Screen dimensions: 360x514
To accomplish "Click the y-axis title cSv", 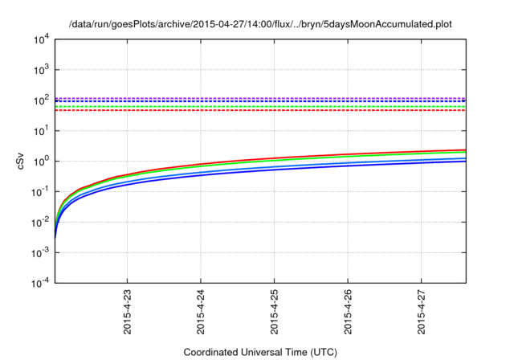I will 22,161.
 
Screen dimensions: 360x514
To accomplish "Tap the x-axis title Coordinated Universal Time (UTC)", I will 260,352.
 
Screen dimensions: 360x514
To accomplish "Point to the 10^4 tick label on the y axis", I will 41,39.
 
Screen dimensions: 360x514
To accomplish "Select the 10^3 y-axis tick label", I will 41,69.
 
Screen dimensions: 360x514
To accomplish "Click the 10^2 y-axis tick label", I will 41,100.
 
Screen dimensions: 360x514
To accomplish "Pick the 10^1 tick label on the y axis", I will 41,130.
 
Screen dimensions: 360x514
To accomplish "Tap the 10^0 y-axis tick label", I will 41,161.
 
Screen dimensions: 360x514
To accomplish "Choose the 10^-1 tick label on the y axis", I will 40,191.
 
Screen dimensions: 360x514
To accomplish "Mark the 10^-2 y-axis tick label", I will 40,222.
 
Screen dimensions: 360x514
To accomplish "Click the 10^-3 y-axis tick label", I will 40,252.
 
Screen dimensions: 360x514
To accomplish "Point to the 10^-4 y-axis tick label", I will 40,283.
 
